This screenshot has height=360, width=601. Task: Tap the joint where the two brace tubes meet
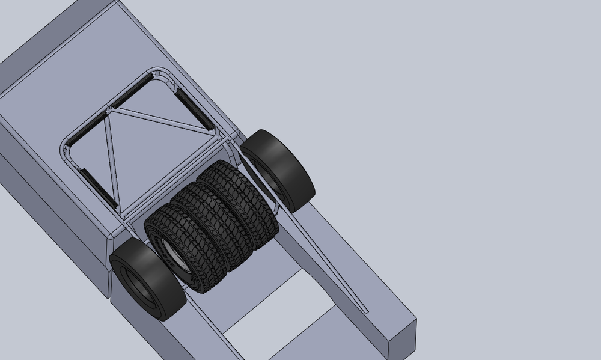pos(109,111)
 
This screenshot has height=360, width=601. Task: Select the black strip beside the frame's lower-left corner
pos(96,185)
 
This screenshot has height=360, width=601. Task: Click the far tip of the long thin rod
pos(366,311)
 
